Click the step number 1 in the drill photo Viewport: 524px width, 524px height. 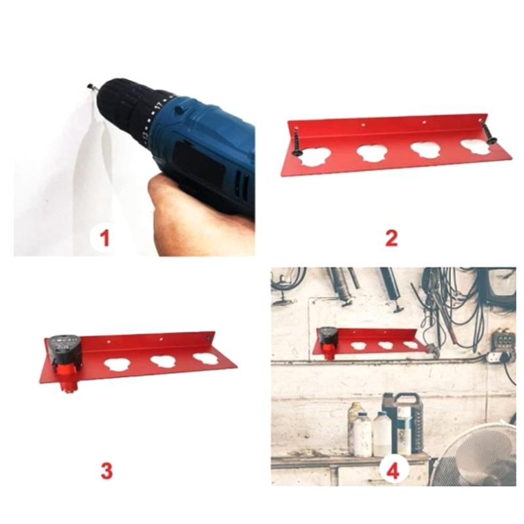[105, 236]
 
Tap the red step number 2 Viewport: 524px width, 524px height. [391, 236]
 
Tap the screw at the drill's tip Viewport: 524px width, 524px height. [92, 86]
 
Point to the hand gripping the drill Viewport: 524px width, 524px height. [190, 206]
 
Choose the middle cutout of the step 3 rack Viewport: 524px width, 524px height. [163, 361]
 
